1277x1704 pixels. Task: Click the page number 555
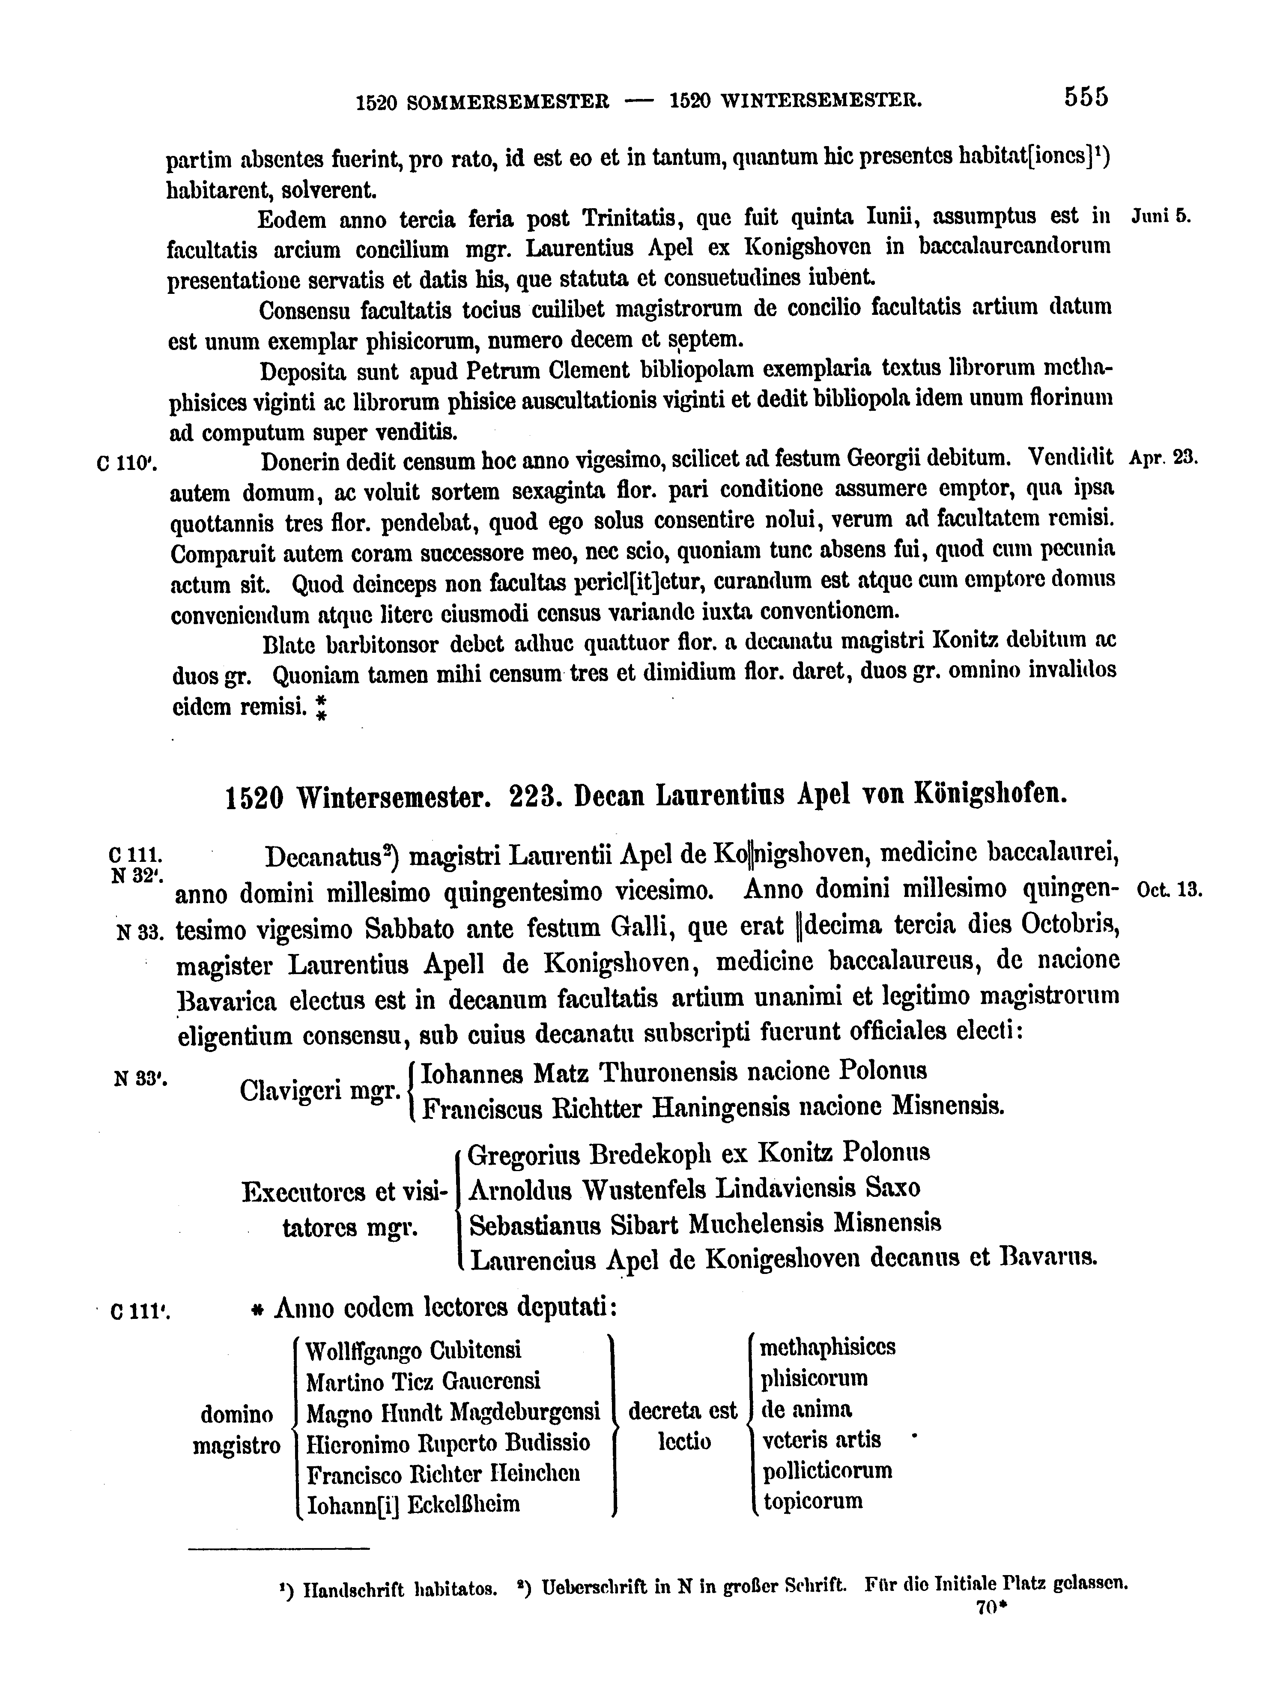click(x=1086, y=97)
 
